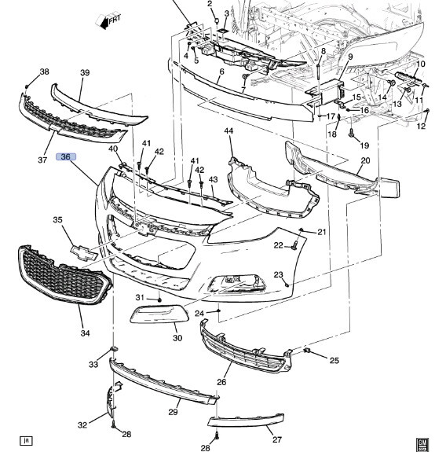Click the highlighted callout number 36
tap(66, 156)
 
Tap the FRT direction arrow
tap(108, 20)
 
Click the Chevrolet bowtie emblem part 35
tap(84, 253)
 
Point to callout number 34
tap(86, 333)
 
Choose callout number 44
tap(228, 130)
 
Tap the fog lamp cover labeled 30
tap(159, 314)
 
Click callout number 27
tap(276, 439)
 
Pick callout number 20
tap(365, 160)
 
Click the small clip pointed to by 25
tap(307, 351)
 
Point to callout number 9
tap(350, 57)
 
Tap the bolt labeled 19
tap(351, 133)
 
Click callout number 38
tap(44, 72)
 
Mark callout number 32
tap(82, 425)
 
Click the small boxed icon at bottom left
tap(26, 440)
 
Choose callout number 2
tap(210, 4)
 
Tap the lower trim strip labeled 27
tap(246, 421)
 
